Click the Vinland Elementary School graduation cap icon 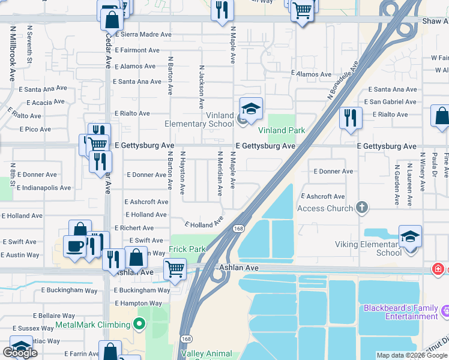pos(251,109)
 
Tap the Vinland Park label pos(282,130)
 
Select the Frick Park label pos(188,249)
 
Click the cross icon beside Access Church pos(361,208)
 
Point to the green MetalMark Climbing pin pos(139,325)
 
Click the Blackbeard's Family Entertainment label pos(401,312)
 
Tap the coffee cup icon pos(75,246)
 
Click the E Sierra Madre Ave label pos(143,35)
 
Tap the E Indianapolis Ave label pos(44,188)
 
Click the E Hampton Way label pos(142,304)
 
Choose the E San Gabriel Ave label pos(393,102)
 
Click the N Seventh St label pos(29,47)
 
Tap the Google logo pos(20,353)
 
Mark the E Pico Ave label pos(35,129)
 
